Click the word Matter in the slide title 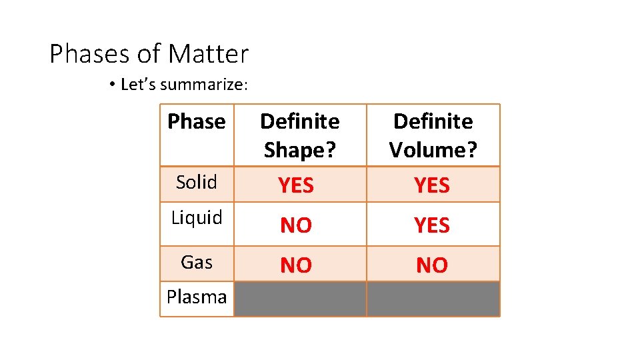(x=208, y=53)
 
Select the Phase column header (x=197, y=121)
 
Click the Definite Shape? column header (x=299, y=135)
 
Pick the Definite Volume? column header (x=433, y=135)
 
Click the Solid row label (x=197, y=182)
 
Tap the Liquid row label (x=197, y=218)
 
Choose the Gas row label (x=197, y=262)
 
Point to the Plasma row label (x=197, y=297)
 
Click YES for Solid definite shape (x=296, y=185)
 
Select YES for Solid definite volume (x=432, y=185)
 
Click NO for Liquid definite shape (x=296, y=226)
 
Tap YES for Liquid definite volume (x=432, y=226)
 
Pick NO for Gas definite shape (x=296, y=266)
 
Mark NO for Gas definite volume (x=432, y=266)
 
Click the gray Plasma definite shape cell (x=299, y=299)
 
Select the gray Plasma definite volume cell (x=433, y=299)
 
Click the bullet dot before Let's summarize (x=113, y=85)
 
